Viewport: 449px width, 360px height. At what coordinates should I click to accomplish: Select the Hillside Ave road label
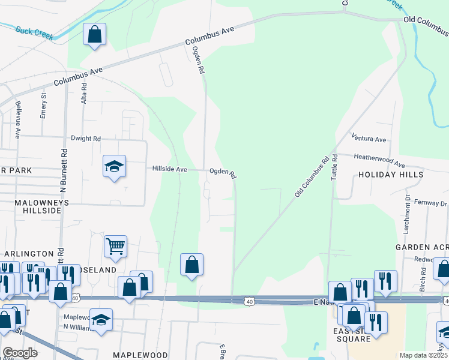(x=169, y=169)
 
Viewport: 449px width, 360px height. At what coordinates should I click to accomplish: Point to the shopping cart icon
(x=115, y=246)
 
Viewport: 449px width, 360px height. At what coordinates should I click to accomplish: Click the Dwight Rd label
(x=85, y=139)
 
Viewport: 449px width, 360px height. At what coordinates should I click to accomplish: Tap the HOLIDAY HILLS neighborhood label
(x=391, y=175)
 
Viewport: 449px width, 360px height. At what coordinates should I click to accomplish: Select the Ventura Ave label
(x=369, y=139)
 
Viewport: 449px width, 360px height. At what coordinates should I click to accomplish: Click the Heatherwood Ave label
(x=379, y=161)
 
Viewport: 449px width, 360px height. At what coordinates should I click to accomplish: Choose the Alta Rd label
(x=84, y=94)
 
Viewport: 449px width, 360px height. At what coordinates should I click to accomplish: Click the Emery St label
(x=43, y=105)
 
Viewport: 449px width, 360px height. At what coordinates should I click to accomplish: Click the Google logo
(x=20, y=353)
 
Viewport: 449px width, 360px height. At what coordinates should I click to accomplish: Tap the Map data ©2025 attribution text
(x=423, y=355)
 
